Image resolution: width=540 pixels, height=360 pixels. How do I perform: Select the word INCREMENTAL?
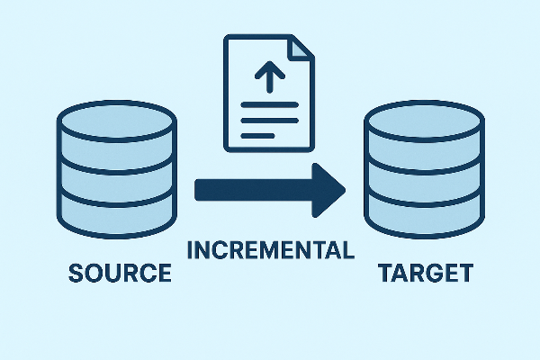pos(271,249)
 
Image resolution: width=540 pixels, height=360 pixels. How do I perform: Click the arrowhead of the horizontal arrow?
pos(328,190)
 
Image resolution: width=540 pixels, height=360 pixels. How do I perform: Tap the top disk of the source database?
pos(118,121)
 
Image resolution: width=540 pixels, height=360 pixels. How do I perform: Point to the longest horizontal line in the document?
pos(269,120)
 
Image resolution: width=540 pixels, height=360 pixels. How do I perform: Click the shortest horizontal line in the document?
pos(259,135)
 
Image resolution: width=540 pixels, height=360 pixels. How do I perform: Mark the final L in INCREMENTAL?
pos(347,249)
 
